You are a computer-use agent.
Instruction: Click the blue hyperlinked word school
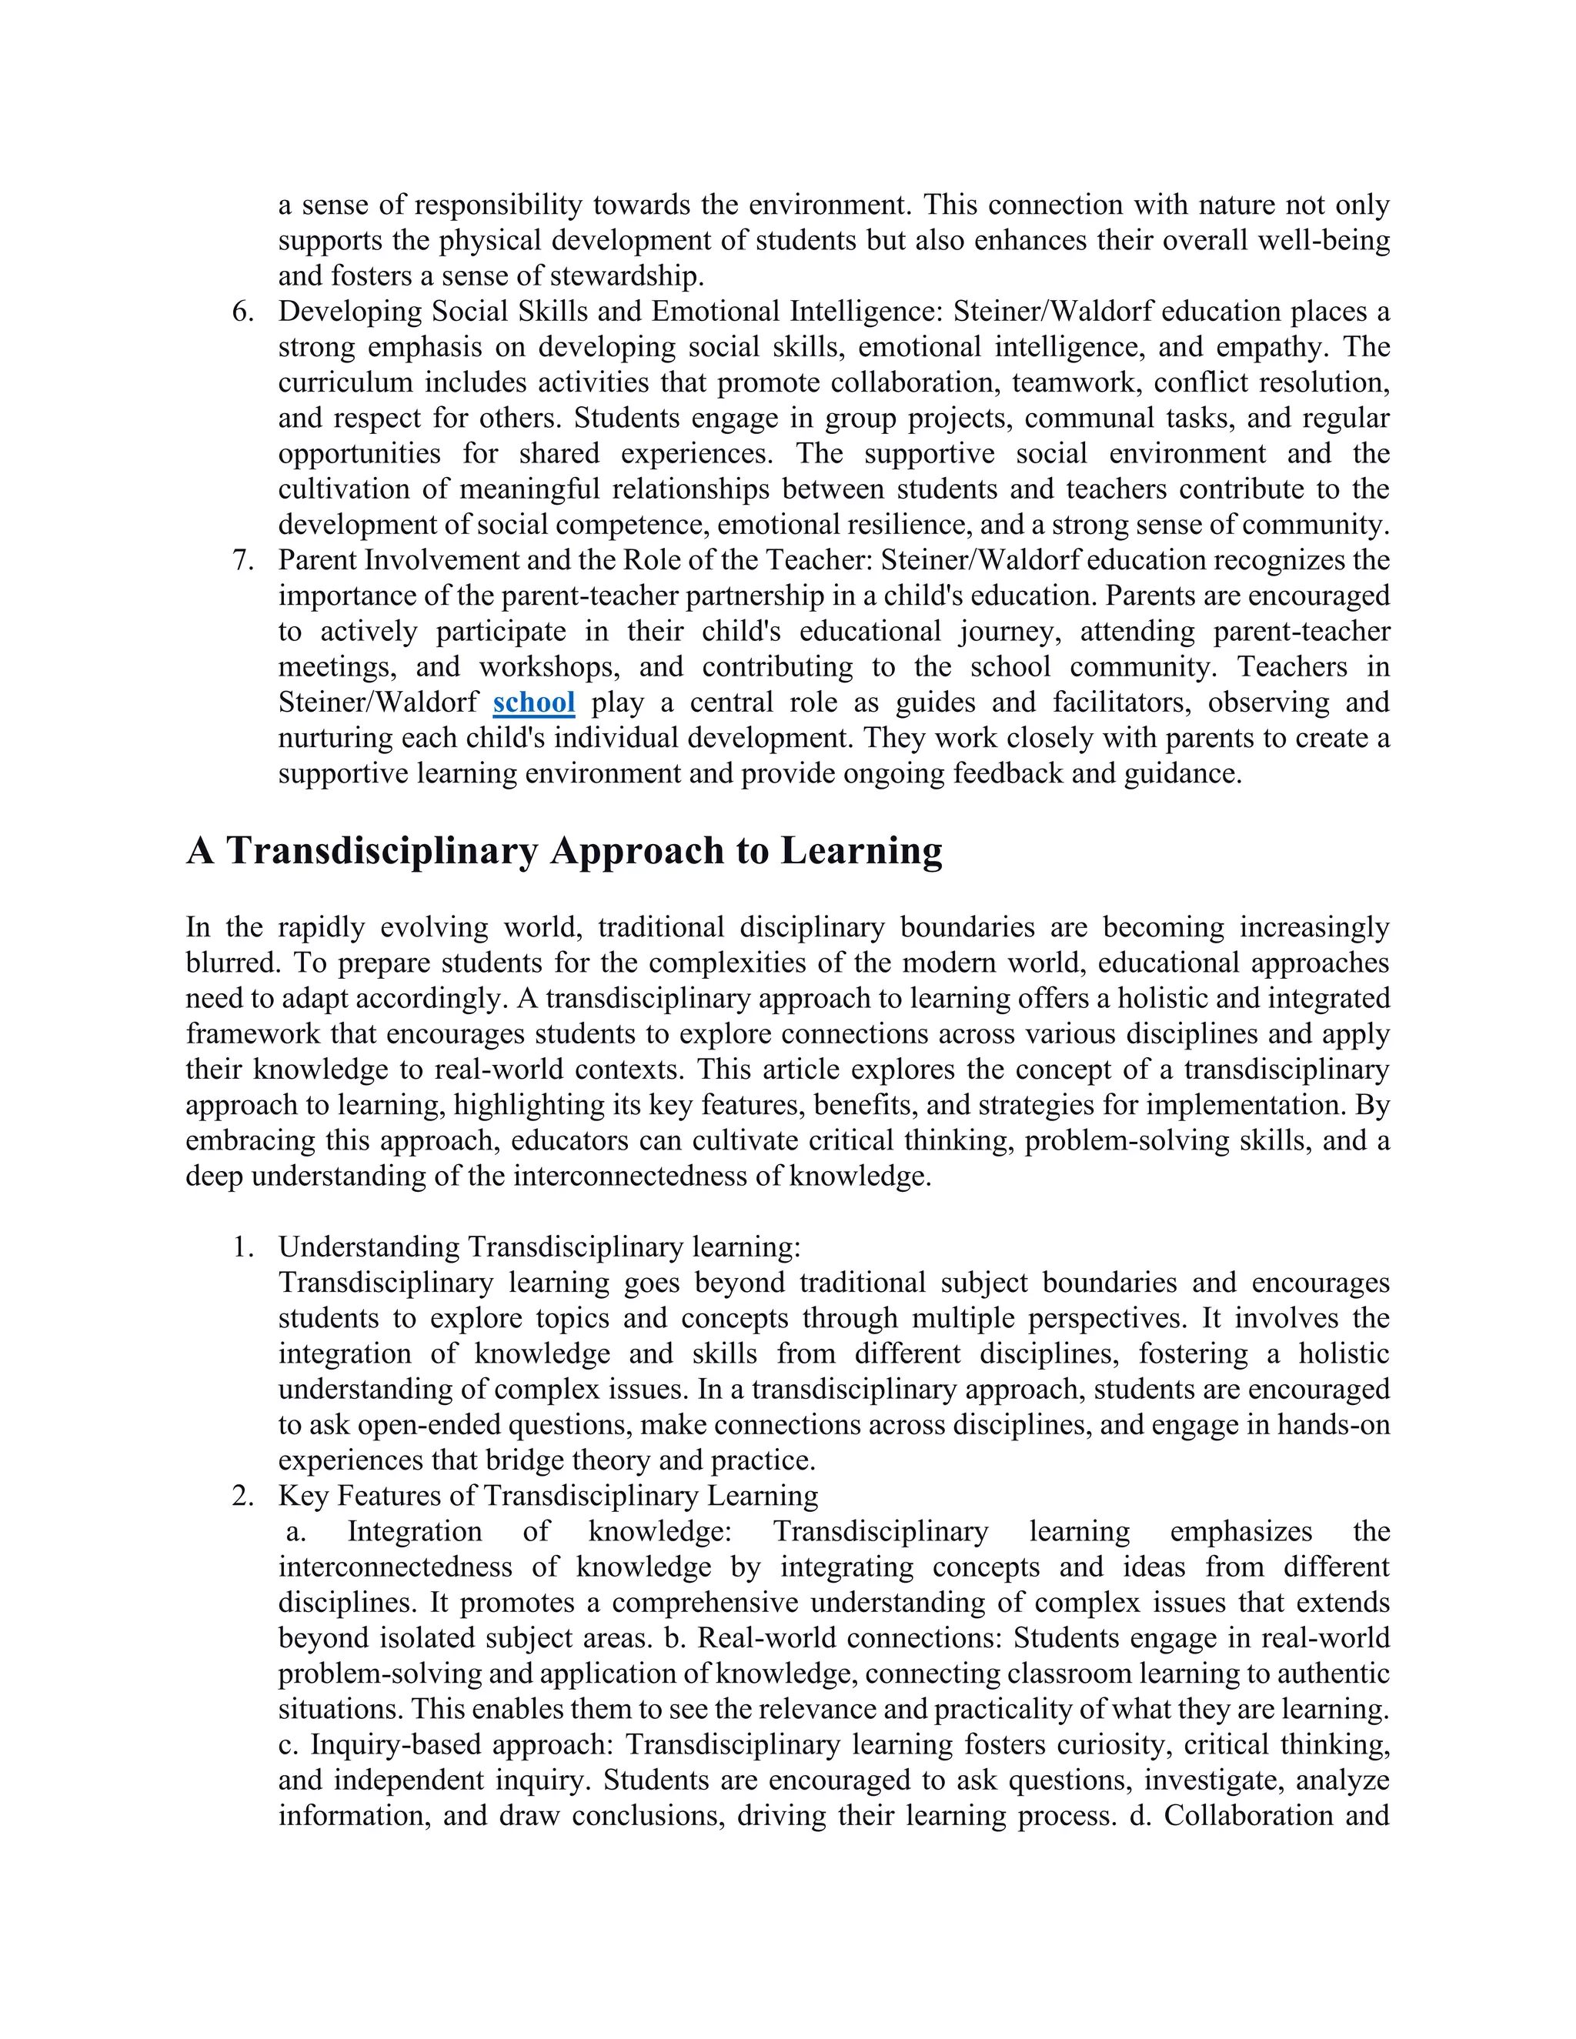pos(533,702)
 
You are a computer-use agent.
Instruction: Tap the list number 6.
pos(242,312)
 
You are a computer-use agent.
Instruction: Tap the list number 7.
pos(242,560)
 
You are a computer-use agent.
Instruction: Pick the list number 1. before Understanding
pos(242,1247)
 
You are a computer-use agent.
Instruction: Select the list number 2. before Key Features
pos(242,1496)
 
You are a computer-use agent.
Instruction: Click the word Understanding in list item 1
pos(369,1247)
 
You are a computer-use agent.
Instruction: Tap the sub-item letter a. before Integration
pos(296,1531)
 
